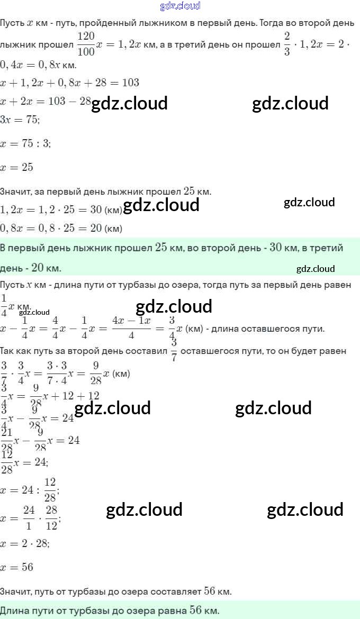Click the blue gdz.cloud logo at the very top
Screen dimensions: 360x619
click(180, 6)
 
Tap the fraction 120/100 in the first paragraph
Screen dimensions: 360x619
click(86, 44)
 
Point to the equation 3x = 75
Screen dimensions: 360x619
click(20, 120)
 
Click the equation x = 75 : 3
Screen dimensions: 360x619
click(25, 143)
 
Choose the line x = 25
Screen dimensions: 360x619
click(17, 167)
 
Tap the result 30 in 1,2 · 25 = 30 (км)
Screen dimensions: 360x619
click(96, 210)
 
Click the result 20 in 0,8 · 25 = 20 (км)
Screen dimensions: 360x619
click(96, 229)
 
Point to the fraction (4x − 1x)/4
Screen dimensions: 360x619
click(131, 328)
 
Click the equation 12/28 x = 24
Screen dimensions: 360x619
click(24, 462)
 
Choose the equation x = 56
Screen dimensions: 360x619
click(17, 567)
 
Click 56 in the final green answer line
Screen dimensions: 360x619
click(196, 610)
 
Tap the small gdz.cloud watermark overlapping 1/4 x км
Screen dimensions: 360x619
click(34, 312)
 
